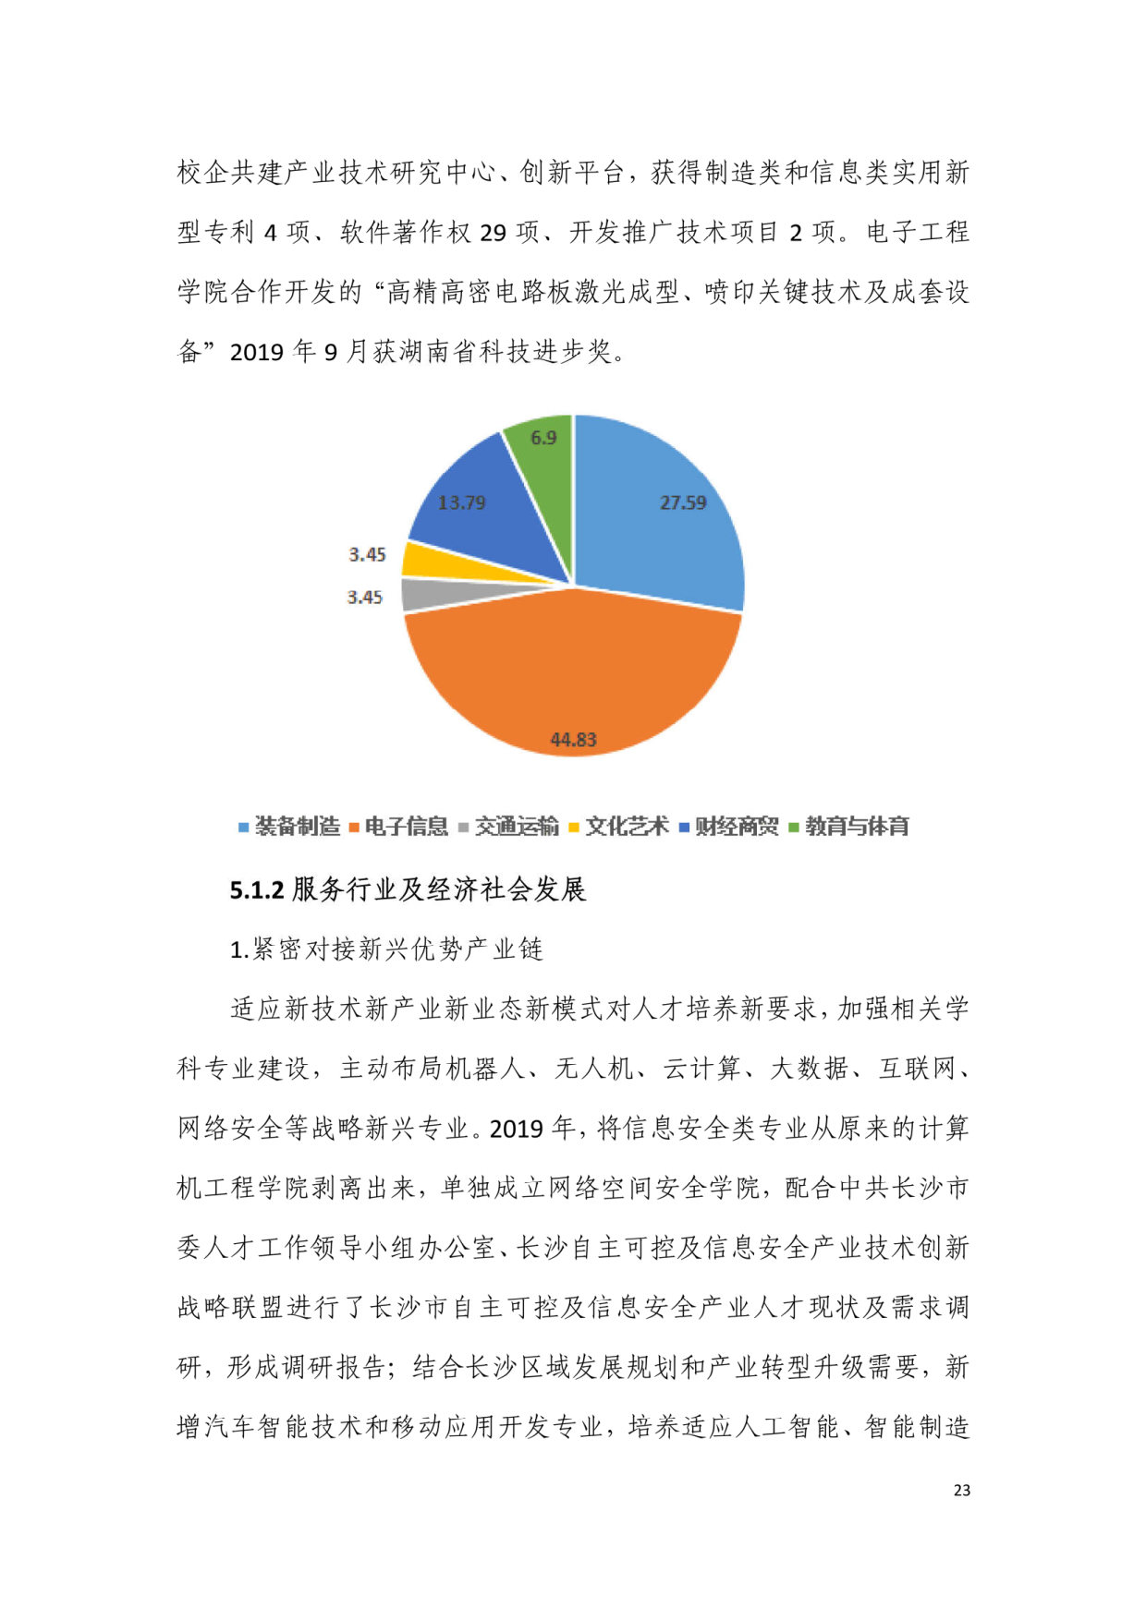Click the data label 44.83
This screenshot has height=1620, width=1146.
point(573,740)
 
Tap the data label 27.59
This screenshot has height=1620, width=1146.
point(683,502)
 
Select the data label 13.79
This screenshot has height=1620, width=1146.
point(461,502)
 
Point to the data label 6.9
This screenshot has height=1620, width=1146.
point(543,438)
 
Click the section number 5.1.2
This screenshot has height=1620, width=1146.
point(257,890)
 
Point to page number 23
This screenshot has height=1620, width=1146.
point(962,1490)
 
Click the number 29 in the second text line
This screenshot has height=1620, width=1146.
point(493,232)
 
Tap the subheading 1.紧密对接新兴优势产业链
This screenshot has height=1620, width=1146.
point(386,949)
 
